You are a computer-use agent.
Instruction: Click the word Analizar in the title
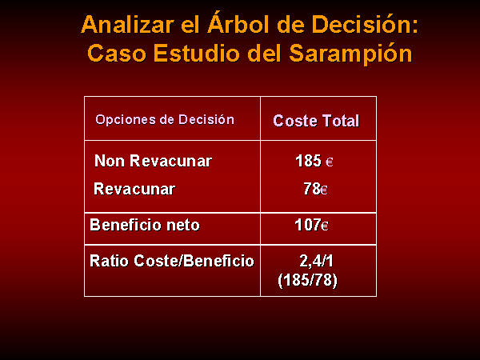coord(128,24)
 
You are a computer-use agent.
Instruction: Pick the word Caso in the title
coord(117,53)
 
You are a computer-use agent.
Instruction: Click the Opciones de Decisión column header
coord(165,119)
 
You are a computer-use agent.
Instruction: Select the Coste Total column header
coord(316,121)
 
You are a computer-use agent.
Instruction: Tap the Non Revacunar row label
coord(153,161)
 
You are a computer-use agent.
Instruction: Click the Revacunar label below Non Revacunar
coord(134,189)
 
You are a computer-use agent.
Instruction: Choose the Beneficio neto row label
coord(145,225)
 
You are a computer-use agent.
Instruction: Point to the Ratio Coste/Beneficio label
coord(172,261)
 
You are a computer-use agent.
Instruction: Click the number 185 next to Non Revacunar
coord(308,161)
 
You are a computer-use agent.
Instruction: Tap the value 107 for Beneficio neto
coord(308,225)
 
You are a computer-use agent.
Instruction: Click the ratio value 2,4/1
coord(316,261)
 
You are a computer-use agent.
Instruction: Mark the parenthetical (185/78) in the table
coord(308,280)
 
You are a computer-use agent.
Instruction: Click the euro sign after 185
coord(329,162)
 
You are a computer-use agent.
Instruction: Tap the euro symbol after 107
coord(325,226)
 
